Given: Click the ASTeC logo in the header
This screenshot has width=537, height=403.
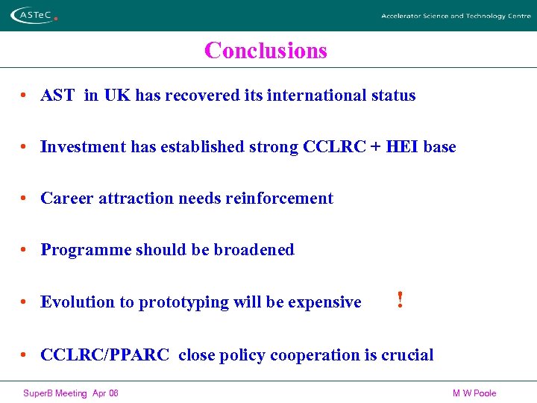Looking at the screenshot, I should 34,15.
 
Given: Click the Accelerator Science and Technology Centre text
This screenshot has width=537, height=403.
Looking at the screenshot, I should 455,16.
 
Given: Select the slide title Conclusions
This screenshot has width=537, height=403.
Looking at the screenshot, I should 266,51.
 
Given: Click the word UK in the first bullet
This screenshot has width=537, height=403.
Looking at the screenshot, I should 117,96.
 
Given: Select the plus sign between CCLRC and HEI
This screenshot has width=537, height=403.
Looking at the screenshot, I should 371,147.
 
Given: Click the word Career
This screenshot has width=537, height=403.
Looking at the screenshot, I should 67,199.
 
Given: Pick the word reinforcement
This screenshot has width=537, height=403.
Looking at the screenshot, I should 286,199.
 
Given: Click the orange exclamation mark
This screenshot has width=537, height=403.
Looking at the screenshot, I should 401,300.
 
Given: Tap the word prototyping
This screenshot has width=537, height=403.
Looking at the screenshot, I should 184,303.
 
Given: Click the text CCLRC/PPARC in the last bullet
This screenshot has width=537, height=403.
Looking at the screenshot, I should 105,355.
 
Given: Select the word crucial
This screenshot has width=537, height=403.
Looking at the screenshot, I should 407,355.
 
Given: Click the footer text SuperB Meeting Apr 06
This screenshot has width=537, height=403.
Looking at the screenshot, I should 71,393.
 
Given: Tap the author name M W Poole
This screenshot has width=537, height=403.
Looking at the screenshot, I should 474,393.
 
